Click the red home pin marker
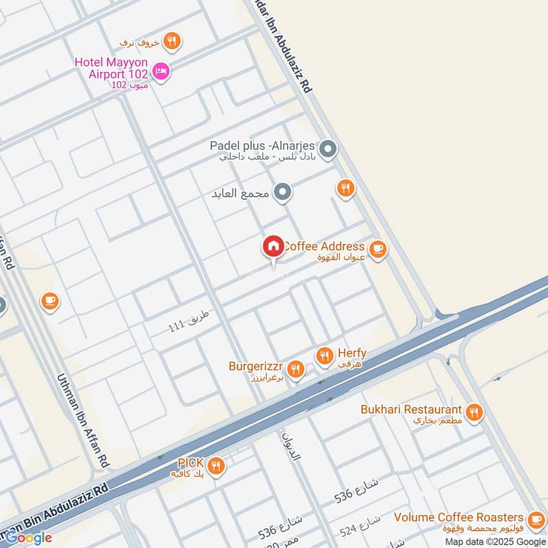point(273,246)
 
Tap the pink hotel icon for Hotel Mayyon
point(162,71)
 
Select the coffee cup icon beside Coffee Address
point(377,249)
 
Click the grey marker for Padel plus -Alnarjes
point(328,149)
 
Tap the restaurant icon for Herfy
point(324,356)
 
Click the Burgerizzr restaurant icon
point(295,370)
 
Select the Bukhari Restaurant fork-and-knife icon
point(473,412)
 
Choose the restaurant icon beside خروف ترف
point(173,42)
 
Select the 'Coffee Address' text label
point(323,246)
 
